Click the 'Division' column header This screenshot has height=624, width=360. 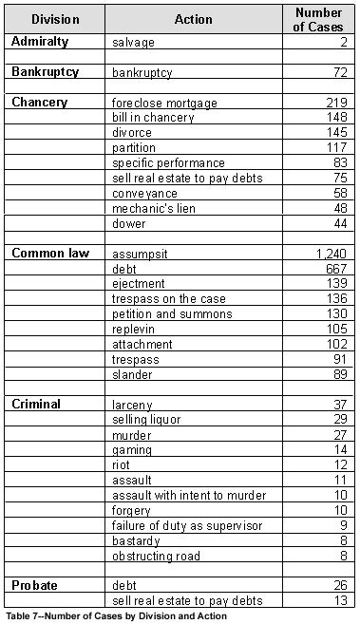coord(53,19)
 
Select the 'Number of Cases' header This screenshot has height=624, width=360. coord(318,19)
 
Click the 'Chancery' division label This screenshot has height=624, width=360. coord(40,102)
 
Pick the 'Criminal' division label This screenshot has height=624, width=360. coord(36,404)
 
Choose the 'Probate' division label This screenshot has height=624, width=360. coord(36,585)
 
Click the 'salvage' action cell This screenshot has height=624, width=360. coord(133,43)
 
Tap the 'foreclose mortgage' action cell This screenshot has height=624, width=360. coord(164,103)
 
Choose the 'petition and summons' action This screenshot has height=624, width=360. coord(171,314)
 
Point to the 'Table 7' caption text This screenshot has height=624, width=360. coord(117,616)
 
